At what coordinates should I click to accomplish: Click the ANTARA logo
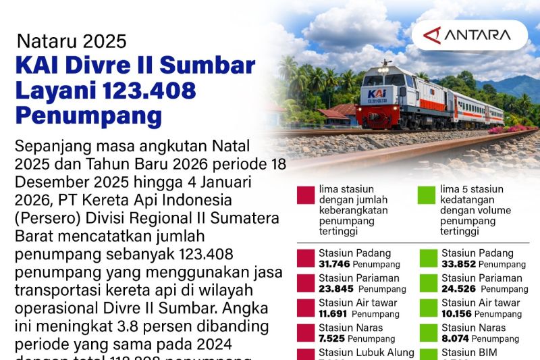tap(468, 34)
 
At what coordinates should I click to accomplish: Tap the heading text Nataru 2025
tap(72, 41)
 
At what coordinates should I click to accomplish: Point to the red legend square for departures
tap(305, 195)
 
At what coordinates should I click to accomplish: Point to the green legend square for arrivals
tap(426, 195)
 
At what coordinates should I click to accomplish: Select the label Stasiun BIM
tap(470, 352)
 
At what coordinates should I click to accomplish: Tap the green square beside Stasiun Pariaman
tap(427, 283)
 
